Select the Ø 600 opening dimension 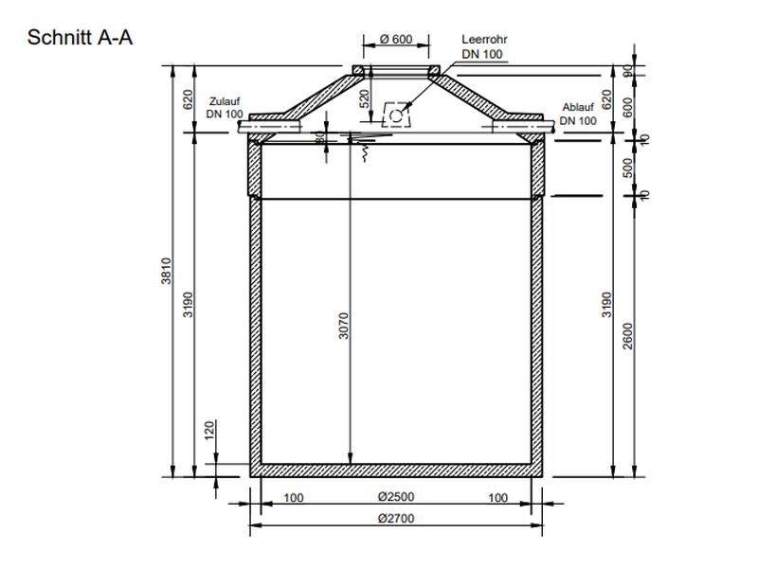point(396,39)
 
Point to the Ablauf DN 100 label point(578,114)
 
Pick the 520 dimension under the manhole point(364,98)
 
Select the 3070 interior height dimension point(344,326)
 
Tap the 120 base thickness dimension point(210,431)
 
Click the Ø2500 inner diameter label point(396,497)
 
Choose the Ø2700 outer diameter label point(396,518)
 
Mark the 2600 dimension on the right point(627,334)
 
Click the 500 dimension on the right point(627,168)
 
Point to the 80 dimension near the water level point(321,137)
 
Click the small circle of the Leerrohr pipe point(394,117)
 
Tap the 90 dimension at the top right point(627,71)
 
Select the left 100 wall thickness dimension point(294,497)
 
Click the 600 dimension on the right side point(627,106)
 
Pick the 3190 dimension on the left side point(189,303)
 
